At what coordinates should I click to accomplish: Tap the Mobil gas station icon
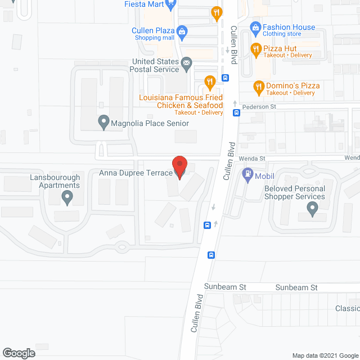click(246, 175)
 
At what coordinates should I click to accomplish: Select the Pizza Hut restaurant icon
click(255, 49)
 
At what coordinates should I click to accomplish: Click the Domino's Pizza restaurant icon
click(259, 86)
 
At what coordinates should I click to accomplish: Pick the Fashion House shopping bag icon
click(255, 27)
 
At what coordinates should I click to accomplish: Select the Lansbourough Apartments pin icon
click(67, 197)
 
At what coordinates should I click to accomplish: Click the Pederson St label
click(260, 106)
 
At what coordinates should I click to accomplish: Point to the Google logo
click(18, 353)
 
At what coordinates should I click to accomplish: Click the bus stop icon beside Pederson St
click(237, 112)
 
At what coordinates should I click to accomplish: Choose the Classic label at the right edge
click(347, 308)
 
